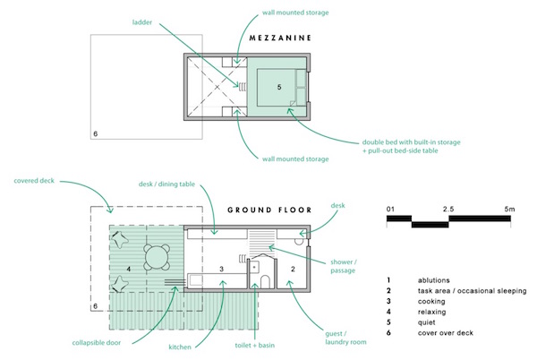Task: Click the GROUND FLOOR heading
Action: tap(268, 210)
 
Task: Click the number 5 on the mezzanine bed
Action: tap(280, 88)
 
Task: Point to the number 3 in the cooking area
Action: tap(221, 269)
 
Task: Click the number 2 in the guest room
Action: tap(292, 269)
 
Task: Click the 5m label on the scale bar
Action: tap(509, 209)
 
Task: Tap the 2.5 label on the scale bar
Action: tap(447, 209)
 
